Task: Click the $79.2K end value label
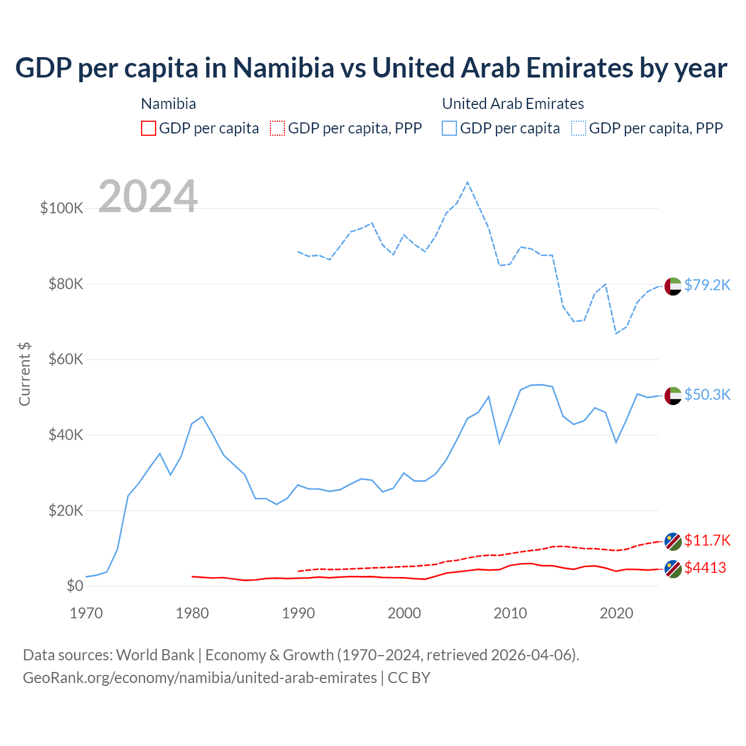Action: click(x=707, y=285)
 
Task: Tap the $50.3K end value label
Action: click(x=707, y=395)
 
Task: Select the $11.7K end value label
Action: click(x=707, y=540)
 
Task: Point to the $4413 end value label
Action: click(x=705, y=568)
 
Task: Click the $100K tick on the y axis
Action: click(x=62, y=208)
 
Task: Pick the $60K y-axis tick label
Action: click(x=65, y=359)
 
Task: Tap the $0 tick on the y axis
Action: click(x=75, y=586)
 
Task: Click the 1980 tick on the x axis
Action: click(x=192, y=613)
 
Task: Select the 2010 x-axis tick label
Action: click(x=511, y=613)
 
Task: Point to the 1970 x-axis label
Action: click(x=86, y=613)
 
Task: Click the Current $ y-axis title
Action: click(x=24, y=374)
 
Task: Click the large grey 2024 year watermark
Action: click(x=148, y=196)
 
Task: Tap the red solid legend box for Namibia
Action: click(x=149, y=128)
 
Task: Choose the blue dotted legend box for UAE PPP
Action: click(x=579, y=128)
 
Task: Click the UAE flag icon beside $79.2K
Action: click(x=673, y=286)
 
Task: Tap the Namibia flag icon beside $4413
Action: click(x=673, y=569)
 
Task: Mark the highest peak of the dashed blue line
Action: click(x=467, y=182)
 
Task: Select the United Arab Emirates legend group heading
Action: click(x=513, y=104)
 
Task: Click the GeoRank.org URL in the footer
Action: click(x=200, y=678)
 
